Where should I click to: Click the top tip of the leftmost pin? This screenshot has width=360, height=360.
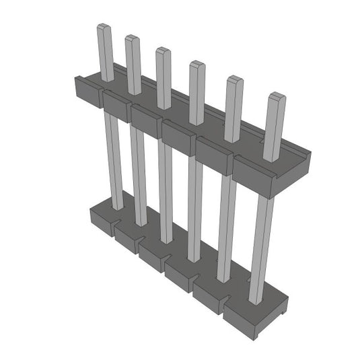point(103,28)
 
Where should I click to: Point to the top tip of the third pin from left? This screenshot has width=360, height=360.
point(162,50)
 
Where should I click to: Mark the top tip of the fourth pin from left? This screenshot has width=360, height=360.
point(196,65)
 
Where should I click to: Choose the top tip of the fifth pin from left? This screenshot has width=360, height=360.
point(233,80)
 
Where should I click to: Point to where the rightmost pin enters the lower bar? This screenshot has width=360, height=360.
point(256,301)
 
